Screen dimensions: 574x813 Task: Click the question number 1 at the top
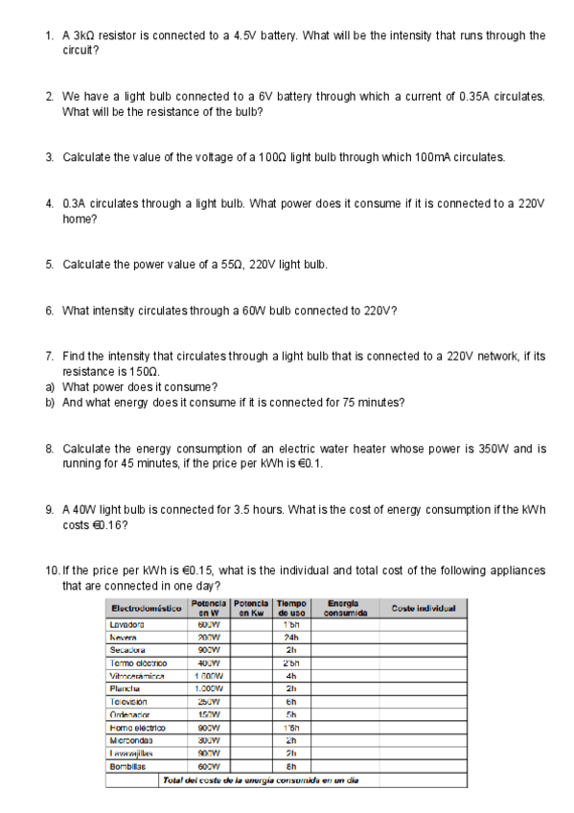[49, 35]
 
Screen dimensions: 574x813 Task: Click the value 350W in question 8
[459, 449]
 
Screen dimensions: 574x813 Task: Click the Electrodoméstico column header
[147, 608]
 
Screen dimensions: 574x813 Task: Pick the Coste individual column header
[423, 608]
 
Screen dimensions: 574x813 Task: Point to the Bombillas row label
[128, 768]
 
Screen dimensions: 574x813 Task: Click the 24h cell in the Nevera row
[289, 635]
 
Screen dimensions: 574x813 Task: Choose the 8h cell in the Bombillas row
[289, 768]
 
